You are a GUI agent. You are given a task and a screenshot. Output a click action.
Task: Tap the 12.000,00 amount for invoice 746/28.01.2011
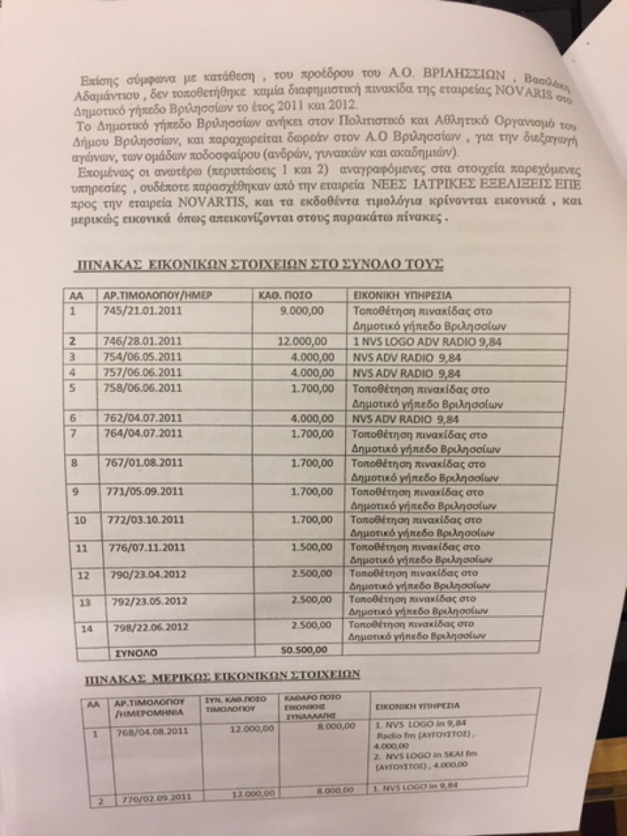coord(304,341)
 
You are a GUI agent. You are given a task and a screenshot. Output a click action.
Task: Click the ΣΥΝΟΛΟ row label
coord(132,651)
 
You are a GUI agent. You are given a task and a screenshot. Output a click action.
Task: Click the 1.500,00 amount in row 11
coord(309,547)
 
